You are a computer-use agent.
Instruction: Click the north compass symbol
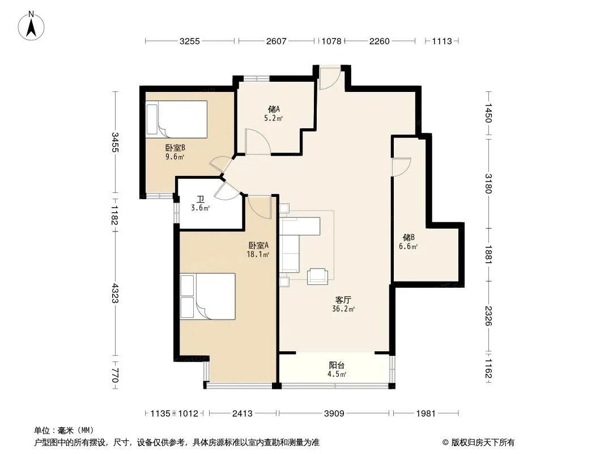[31, 26]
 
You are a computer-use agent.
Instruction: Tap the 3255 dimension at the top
[189, 41]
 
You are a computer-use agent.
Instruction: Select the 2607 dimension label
[276, 41]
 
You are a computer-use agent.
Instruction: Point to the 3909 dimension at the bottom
[334, 414]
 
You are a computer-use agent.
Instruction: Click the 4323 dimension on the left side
[115, 293]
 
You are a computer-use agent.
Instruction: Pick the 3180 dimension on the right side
[488, 184]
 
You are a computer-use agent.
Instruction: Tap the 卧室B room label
[175, 148]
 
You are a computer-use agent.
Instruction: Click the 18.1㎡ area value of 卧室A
[258, 254]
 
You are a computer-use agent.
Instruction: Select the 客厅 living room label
[343, 300]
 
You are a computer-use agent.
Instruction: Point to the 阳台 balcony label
[337, 365]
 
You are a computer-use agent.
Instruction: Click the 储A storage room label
[274, 109]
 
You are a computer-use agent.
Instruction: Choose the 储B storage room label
[409, 237]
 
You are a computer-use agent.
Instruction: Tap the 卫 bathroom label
[201, 199]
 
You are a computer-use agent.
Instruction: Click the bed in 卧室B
[176, 119]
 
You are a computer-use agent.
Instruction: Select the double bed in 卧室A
[207, 296]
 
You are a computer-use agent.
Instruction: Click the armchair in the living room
[317, 276]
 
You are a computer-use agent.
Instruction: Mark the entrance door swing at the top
[330, 78]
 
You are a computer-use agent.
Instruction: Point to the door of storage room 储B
[401, 167]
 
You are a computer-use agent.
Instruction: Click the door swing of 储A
[258, 141]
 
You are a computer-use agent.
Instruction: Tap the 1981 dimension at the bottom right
[426, 414]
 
